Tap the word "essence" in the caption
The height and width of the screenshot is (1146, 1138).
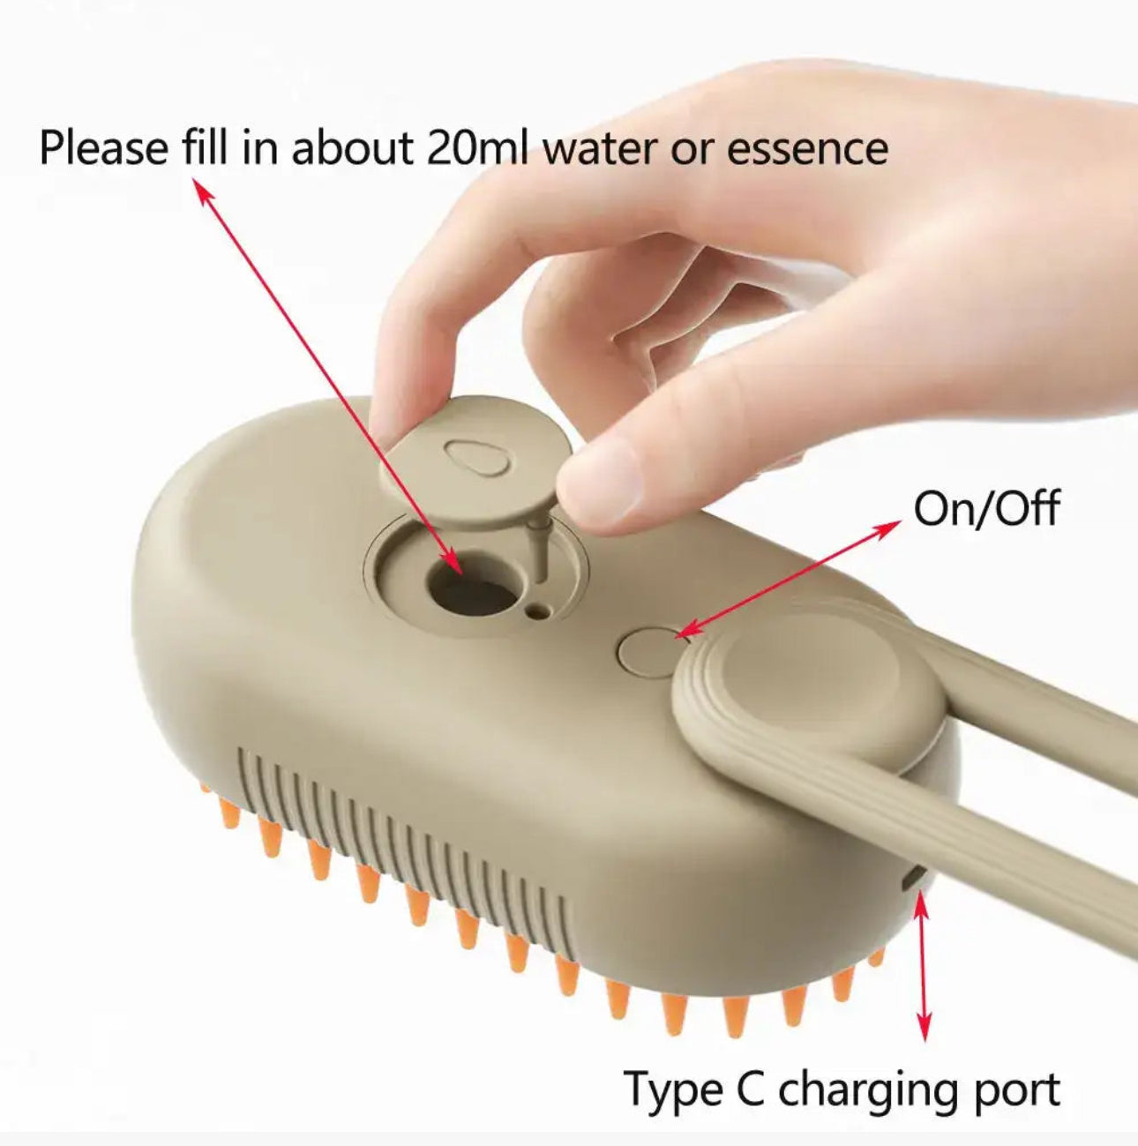[x=806, y=147]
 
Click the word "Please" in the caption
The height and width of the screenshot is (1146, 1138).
[x=102, y=147]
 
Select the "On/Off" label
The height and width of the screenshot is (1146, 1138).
[x=985, y=509]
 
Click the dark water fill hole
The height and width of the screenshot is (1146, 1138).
[x=472, y=587]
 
